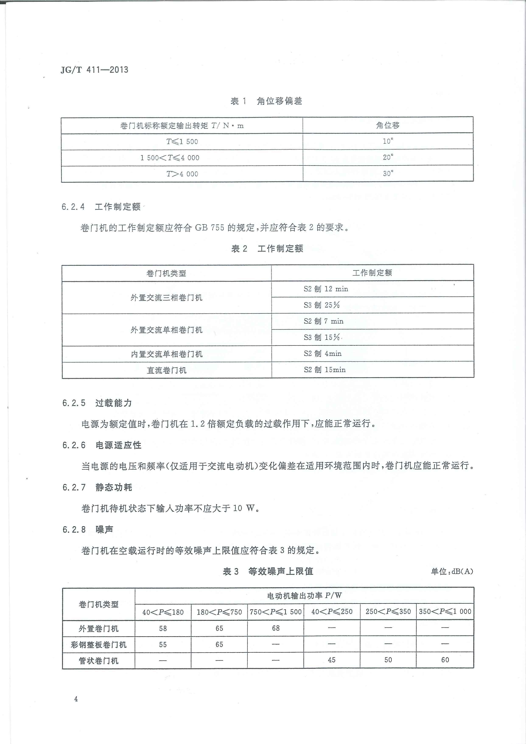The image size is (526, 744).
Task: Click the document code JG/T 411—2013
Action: click(94, 70)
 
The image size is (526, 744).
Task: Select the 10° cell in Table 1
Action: click(388, 141)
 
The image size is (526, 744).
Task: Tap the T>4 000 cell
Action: click(182, 174)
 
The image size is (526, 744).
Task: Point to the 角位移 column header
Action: click(388, 125)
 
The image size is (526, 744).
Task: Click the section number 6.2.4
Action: click(73, 207)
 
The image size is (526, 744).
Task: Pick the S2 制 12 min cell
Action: click(326, 289)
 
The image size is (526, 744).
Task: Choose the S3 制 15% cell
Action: click(322, 337)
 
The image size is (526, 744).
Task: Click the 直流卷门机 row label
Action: click(166, 370)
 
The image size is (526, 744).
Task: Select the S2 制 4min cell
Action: click(322, 354)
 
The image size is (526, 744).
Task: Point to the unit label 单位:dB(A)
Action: click(452, 571)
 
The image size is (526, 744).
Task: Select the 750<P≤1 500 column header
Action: click(276, 612)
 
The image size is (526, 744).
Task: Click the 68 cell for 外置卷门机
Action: click(276, 628)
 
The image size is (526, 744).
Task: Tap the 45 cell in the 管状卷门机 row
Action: click(332, 660)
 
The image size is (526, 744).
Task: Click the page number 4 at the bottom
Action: click(76, 699)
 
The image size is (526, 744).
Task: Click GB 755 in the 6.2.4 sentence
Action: click(209, 228)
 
